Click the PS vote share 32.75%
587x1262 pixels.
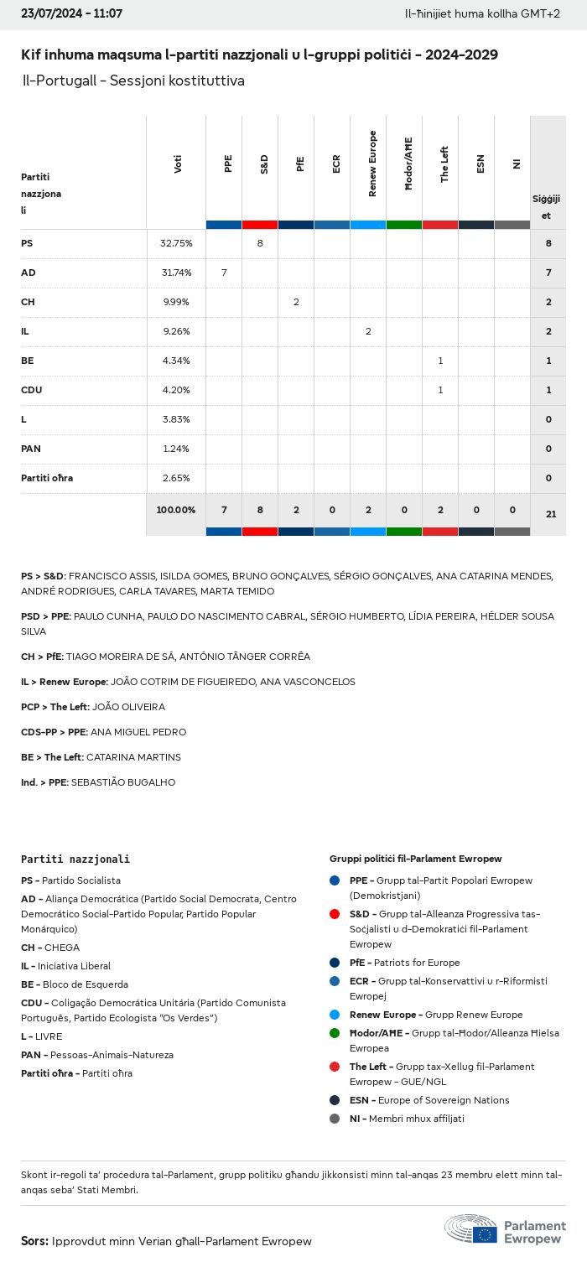[176, 243]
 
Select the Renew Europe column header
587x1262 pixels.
[372, 164]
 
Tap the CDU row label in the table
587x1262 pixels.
[32, 390]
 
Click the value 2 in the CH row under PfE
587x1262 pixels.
[296, 302]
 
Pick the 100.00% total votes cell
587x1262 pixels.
[176, 510]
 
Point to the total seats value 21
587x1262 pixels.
[551, 514]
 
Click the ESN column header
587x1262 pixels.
[481, 164]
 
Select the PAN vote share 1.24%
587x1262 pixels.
[176, 449]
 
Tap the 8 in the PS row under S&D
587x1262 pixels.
[260, 243]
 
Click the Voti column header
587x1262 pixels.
[178, 164]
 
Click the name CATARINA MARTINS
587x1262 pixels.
[133, 757]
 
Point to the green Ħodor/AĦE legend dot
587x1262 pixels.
[335, 1033]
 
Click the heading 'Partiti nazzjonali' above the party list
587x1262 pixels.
[75, 860]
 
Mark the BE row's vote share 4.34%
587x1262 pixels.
[176, 361]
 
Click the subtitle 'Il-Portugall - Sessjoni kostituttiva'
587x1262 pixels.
[134, 81]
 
